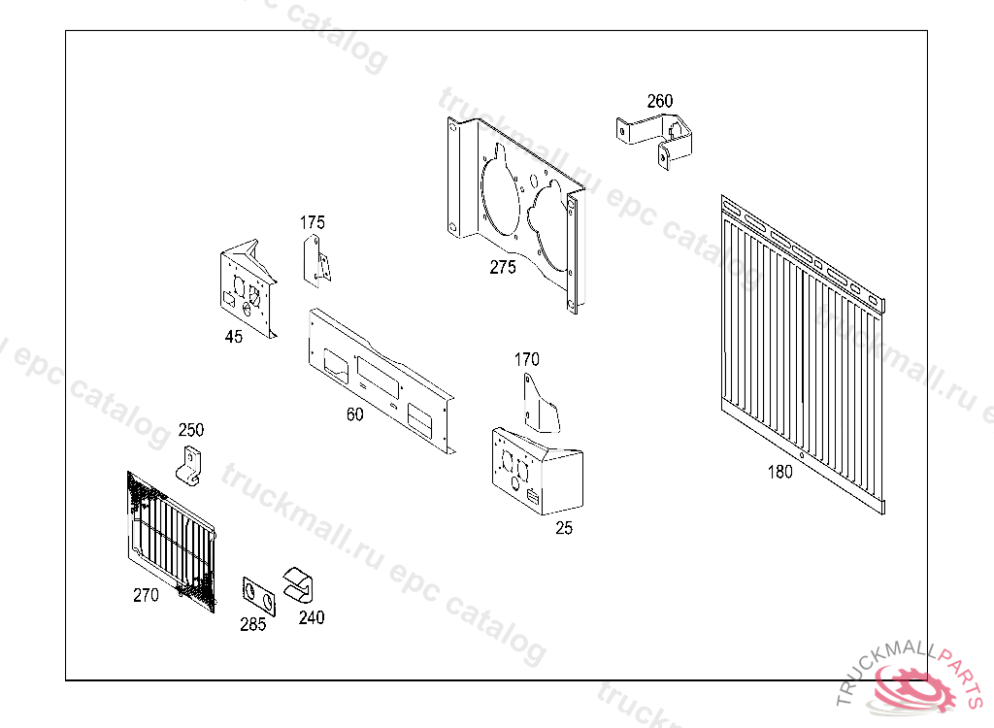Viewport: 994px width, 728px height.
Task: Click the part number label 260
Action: pyautogui.click(x=660, y=101)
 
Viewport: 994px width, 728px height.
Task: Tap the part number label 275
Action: pyautogui.click(x=503, y=269)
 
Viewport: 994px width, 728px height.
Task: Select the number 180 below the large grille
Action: pyautogui.click(x=779, y=473)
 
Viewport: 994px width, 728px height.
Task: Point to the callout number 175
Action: pyautogui.click(x=313, y=223)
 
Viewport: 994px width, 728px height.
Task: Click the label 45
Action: pyautogui.click(x=234, y=337)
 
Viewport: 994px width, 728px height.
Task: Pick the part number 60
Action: pyautogui.click(x=355, y=414)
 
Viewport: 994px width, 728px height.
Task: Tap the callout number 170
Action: pyautogui.click(x=527, y=360)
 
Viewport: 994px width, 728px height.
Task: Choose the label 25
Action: pyautogui.click(x=564, y=528)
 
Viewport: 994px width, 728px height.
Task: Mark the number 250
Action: pyautogui.click(x=191, y=430)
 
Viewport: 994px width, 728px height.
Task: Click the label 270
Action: pyautogui.click(x=146, y=596)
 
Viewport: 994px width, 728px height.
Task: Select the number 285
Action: pyautogui.click(x=253, y=625)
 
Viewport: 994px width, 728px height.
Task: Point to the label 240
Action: pyautogui.click(x=312, y=617)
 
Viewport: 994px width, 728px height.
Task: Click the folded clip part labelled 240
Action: pyautogui.click(x=300, y=584)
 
